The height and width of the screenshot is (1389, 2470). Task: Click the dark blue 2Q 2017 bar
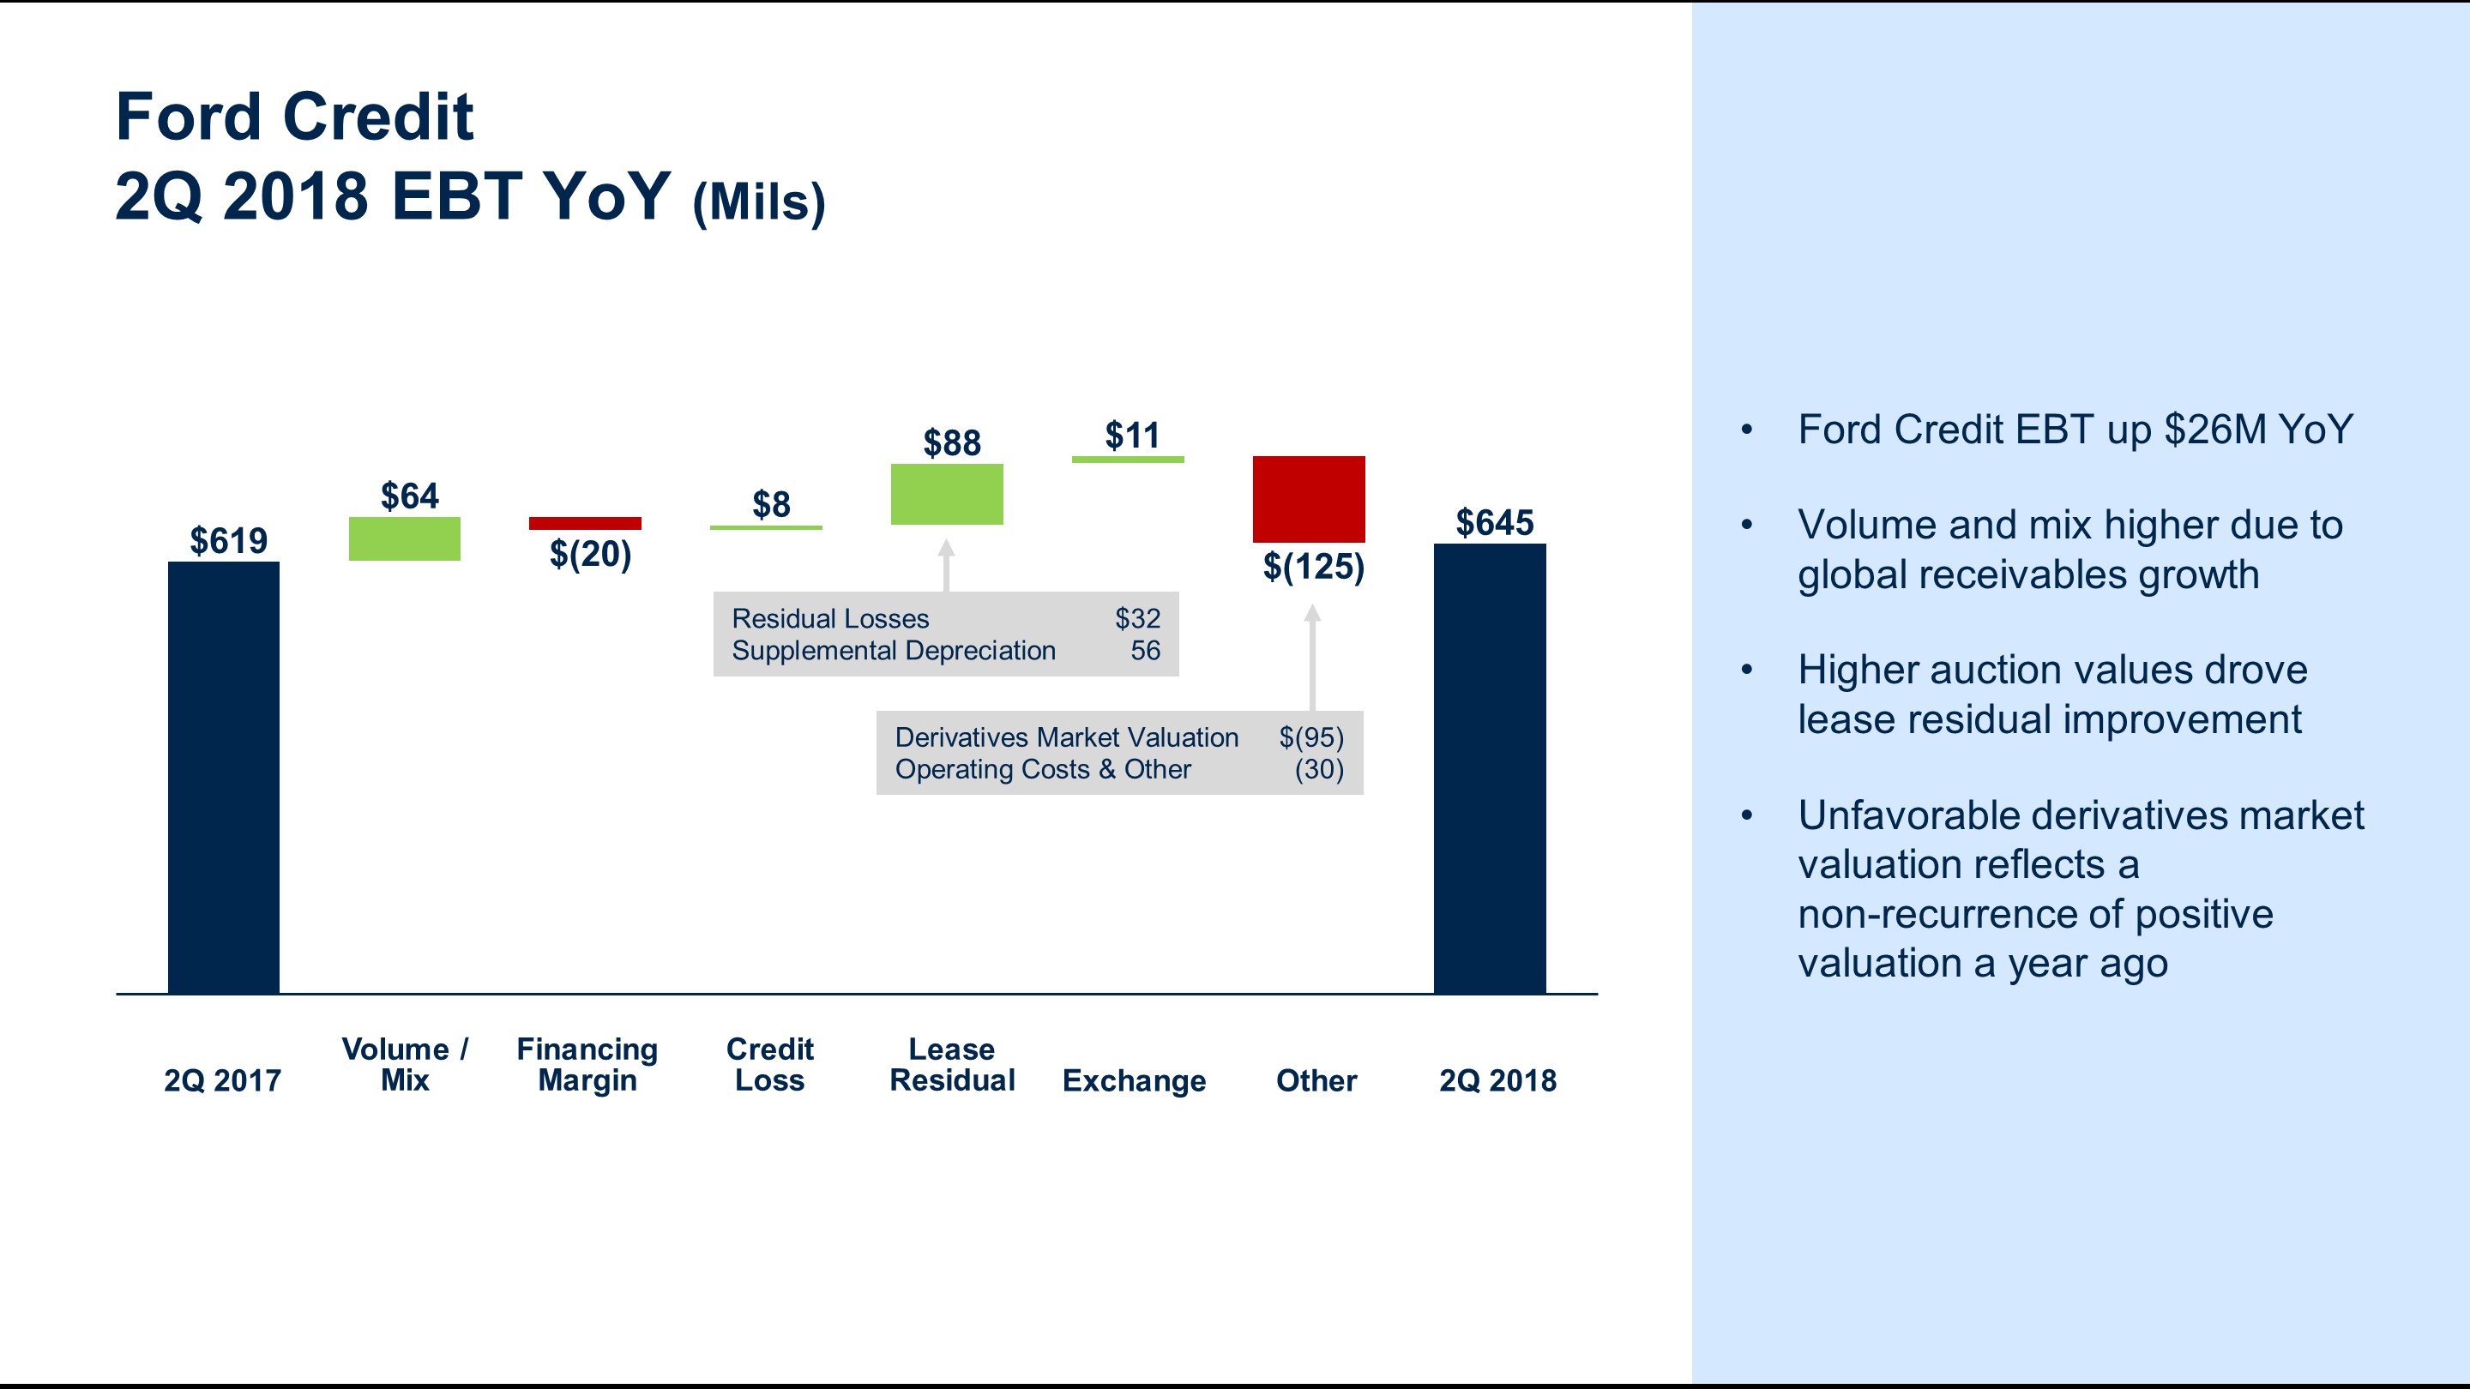click(223, 778)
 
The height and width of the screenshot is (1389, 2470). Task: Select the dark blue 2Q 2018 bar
click(1490, 769)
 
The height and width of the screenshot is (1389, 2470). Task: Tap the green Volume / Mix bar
click(405, 538)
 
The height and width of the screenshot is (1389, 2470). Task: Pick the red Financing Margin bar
click(585, 523)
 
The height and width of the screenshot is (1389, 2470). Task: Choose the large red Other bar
click(1309, 499)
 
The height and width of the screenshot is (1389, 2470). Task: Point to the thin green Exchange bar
click(1128, 460)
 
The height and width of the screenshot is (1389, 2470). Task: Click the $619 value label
click(228, 542)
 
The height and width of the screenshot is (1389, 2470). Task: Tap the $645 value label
click(1495, 523)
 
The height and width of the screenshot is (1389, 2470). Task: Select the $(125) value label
click(1314, 568)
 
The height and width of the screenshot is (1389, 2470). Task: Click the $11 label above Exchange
click(1132, 436)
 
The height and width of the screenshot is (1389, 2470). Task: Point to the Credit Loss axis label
click(770, 1065)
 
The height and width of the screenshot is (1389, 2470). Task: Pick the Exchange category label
click(1135, 1081)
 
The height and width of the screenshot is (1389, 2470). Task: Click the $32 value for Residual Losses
click(1137, 619)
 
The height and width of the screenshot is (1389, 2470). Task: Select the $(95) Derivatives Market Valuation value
click(1311, 738)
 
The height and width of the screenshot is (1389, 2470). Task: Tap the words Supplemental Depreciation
click(894, 651)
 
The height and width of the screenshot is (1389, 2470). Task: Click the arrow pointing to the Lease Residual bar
click(946, 566)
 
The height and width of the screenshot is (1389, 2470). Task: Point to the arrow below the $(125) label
click(1313, 658)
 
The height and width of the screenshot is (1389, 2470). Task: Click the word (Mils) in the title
click(758, 203)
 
